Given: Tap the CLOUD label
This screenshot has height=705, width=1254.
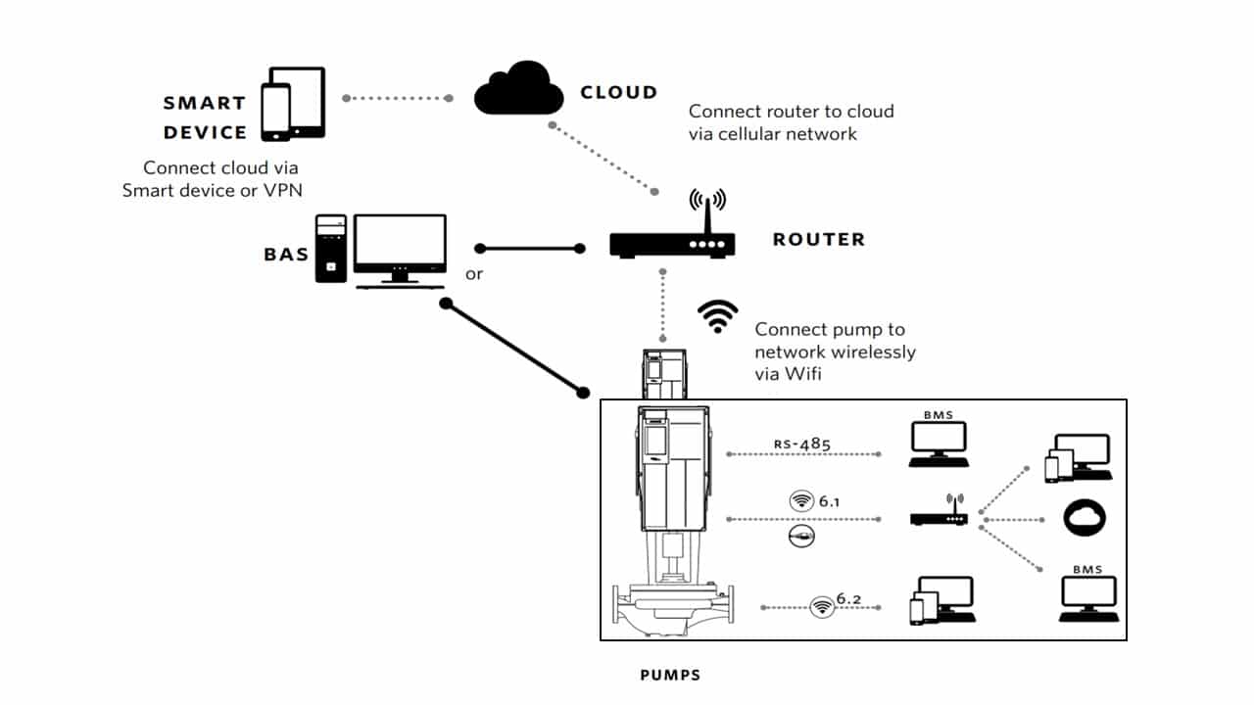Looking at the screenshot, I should [x=618, y=93].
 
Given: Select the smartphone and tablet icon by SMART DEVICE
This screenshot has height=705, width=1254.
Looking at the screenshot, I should [x=292, y=104].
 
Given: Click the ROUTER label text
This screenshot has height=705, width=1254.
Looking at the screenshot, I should [x=819, y=239].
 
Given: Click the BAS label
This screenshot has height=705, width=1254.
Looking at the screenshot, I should [x=286, y=255].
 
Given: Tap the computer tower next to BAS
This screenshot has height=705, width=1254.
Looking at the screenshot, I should [x=330, y=249].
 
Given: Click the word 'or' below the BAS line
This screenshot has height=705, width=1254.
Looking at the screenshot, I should [x=474, y=274].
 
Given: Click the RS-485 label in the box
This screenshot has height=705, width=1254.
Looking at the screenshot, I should [x=801, y=445].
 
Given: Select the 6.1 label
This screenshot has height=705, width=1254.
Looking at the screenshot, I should [x=830, y=501].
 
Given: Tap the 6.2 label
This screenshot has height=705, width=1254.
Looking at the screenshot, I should [x=848, y=598].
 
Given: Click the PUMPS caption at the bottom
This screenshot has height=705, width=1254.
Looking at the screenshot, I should [x=670, y=675].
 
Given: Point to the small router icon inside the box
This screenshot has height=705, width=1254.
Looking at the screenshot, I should [x=939, y=514].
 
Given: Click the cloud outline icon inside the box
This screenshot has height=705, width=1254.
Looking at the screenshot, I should [x=1085, y=518].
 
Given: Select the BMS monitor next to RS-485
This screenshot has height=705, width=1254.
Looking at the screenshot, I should [x=937, y=445].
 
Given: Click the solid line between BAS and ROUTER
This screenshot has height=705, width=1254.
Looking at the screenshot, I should [x=529, y=248].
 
